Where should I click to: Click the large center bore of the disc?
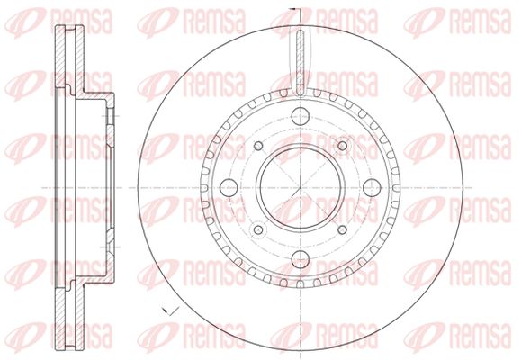tap(301, 188)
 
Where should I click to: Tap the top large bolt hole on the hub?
tap(301, 116)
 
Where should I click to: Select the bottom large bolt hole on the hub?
tap(301, 259)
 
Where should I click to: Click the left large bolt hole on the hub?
tap(229, 188)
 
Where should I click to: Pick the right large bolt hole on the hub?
tap(372, 188)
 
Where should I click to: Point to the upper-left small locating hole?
tap(258, 146)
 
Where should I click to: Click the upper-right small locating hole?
tap(342, 146)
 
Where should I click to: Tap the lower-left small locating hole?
tap(258, 229)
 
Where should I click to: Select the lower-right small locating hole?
tap(342, 229)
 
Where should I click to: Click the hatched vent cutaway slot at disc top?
tap(301, 61)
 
